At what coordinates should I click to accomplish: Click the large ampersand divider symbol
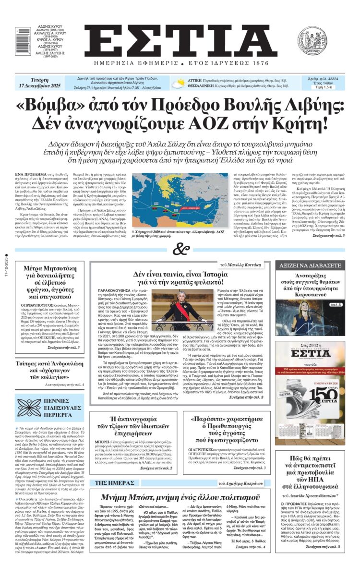point(179,250)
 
